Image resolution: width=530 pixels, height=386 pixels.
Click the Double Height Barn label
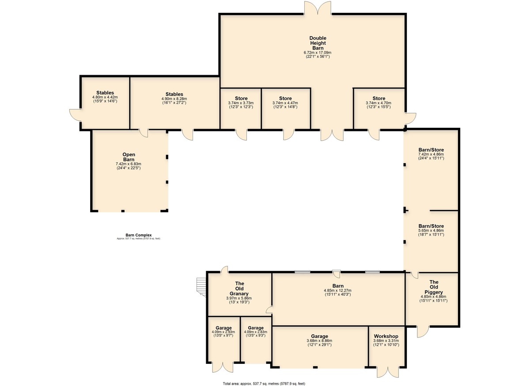pos(318,43)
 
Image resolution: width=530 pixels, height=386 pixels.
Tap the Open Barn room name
pos(129,157)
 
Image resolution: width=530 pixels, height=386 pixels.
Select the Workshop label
pos(386,336)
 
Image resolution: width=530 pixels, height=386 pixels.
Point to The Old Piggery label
pos(434,287)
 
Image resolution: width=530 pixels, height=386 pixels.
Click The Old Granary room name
pos(239,288)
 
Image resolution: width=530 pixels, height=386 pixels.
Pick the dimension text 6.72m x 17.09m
pos(318,53)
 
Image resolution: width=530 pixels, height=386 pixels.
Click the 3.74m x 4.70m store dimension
pos(379,103)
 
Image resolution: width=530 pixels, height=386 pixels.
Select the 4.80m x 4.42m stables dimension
pos(105,97)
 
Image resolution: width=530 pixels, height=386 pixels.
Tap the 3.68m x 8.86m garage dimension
pos(319,341)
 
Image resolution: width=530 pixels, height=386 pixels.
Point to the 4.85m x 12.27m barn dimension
pos(337,290)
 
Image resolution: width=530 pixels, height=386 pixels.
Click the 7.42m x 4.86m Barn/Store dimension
pos(431,154)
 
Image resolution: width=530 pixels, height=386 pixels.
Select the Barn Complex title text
pos(139,235)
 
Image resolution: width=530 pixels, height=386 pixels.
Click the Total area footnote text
pos(264,384)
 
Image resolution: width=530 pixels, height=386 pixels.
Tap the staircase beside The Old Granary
pos(201,287)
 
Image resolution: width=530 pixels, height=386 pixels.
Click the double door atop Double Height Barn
pos(318,8)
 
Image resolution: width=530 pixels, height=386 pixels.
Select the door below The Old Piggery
pos(423,332)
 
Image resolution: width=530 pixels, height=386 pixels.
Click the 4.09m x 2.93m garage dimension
pos(223,332)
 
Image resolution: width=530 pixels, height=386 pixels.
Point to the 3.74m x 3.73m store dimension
pos(241,103)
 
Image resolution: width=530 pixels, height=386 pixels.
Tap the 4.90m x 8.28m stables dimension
pos(174,99)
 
